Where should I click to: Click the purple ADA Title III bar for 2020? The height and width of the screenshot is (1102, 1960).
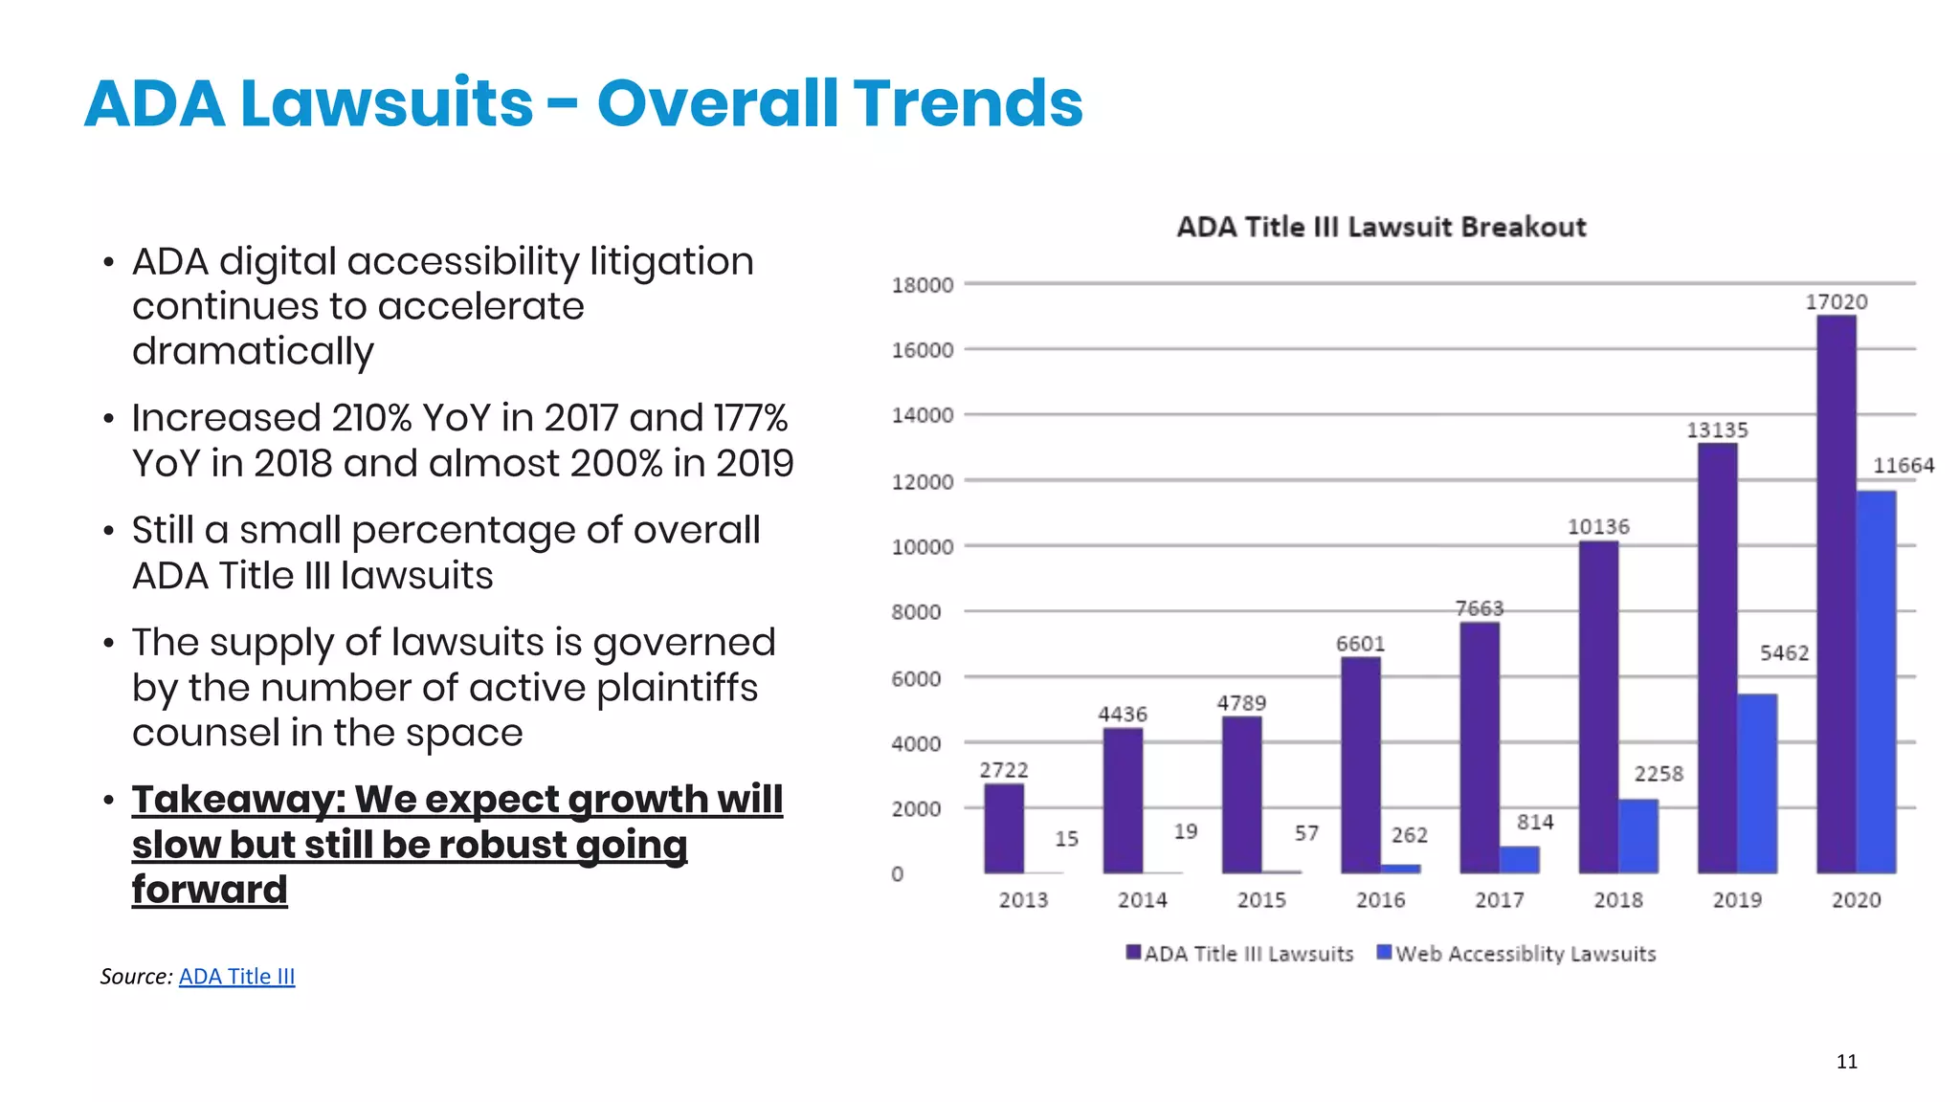pyautogui.click(x=1836, y=593)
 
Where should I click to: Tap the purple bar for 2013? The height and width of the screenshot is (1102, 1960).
pyautogui.click(x=1003, y=827)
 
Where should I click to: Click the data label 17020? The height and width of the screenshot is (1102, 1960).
pyautogui.click(x=1836, y=302)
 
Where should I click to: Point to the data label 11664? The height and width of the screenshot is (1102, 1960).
pyautogui.click(x=1903, y=466)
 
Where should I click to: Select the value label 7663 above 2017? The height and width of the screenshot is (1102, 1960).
pyautogui.click(x=1479, y=608)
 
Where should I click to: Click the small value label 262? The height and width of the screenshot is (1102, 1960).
pyautogui.click(x=1409, y=835)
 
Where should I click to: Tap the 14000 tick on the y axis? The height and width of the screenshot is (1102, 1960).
pyautogui.click(x=922, y=415)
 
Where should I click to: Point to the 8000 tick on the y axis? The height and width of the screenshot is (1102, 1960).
pyautogui.click(x=916, y=612)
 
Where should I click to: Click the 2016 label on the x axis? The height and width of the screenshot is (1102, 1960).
pyautogui.click(x=1380, y=900)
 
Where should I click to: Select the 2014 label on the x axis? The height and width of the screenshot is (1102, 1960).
pyautogui.click(x=1142, y=900)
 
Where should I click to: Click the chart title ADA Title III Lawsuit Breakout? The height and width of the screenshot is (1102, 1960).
pyautogui.click(x=1380, y=227)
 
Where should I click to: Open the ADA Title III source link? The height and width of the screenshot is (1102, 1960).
pyautogui.click(x=236, y=976)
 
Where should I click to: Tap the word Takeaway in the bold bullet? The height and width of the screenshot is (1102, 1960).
pyautogui.click(x=237, y=800)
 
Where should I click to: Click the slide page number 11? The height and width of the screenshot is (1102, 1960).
pyautogui.click(x=1846, y=1061)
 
